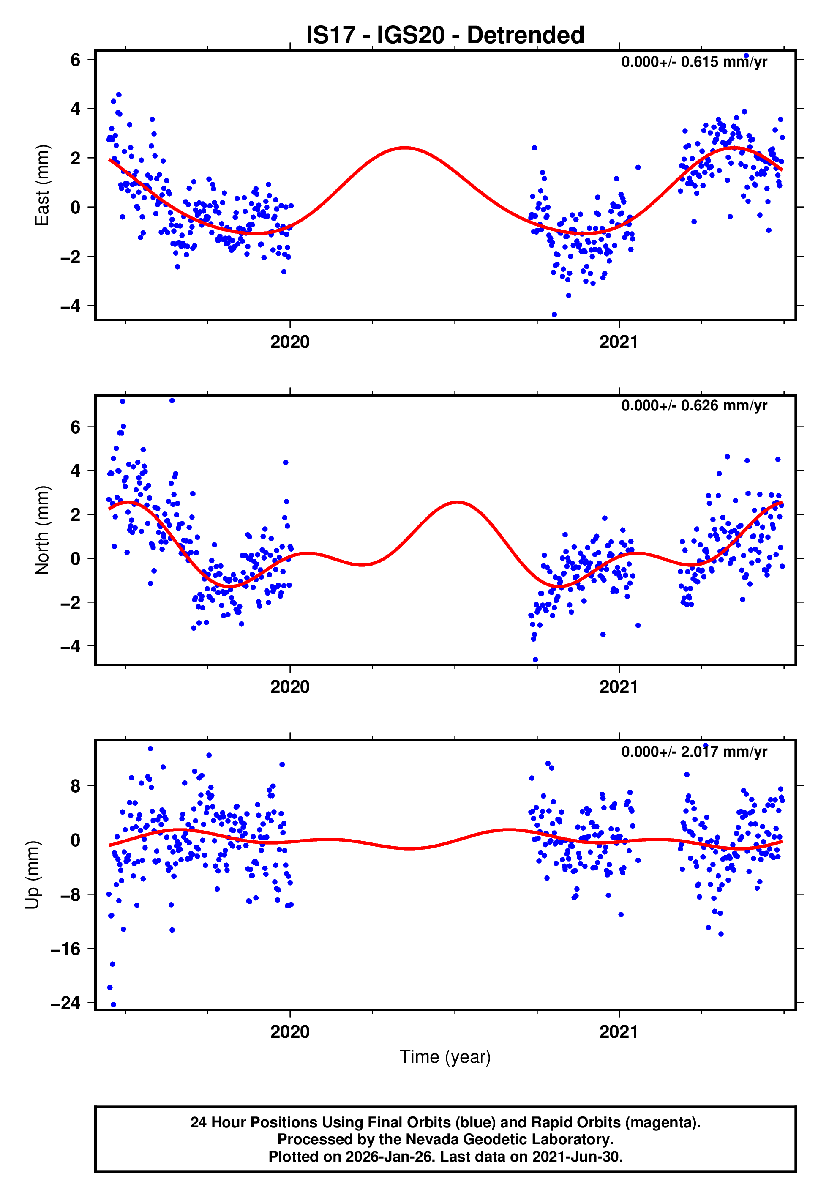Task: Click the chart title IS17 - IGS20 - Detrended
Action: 445,36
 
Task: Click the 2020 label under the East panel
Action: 290,342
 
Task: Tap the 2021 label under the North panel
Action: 619,687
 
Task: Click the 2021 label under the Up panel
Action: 619,1032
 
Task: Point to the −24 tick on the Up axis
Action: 65,1003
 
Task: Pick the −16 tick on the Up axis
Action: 65,949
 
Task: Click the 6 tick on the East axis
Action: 76,60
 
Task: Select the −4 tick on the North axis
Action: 71,647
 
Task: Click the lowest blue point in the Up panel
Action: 114,1005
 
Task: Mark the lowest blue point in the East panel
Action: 554,315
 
